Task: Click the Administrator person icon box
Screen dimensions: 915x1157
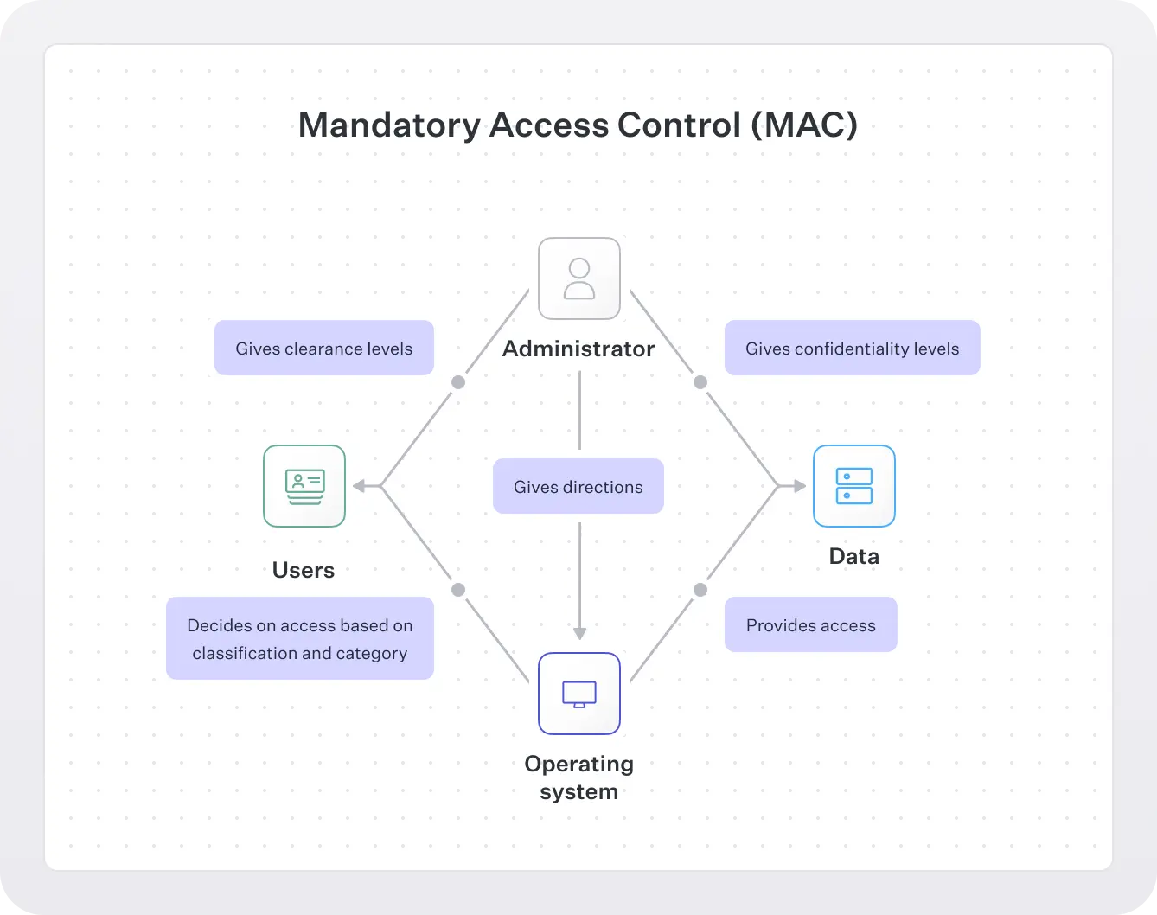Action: [578, 278]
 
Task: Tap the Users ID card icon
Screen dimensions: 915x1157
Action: [304, 486]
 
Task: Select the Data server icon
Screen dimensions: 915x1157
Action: [853, 486]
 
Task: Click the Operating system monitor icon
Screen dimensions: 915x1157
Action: [578, 694]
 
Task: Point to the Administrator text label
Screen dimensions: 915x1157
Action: [578, 349]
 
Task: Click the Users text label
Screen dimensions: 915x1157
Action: [304, 570]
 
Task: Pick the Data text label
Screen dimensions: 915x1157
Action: [853, 556]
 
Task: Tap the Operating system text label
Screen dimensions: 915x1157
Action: [578, 777]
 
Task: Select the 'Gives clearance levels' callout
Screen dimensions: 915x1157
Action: [324, 349]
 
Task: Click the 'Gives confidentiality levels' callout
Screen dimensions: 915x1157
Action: [852, 349]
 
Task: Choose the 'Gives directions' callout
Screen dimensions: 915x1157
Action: [578, 487]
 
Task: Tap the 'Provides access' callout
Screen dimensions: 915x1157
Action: [810, 625]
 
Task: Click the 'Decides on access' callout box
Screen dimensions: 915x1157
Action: [300, 638]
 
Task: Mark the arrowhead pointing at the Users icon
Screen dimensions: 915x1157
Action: [358, 486]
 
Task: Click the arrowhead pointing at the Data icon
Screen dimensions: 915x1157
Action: [800, 486]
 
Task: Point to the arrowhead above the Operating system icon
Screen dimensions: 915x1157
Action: [579, 633]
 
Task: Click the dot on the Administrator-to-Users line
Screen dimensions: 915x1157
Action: [458, 382]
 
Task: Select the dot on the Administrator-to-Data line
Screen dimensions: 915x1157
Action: [700, 382]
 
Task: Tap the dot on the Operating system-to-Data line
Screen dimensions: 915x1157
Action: [700, 590]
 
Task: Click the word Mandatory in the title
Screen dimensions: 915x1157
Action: [388, 125]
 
